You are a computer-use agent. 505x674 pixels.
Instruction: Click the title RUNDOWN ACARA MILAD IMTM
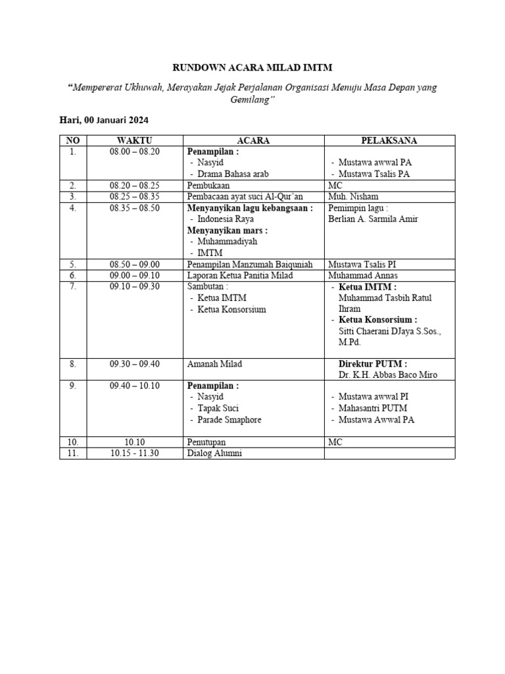(252, 67)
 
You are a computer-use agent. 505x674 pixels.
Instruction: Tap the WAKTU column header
(135, 141)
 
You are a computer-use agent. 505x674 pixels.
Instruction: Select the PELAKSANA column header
(389, 141)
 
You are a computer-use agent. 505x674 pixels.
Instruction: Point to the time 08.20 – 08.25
(135, 186)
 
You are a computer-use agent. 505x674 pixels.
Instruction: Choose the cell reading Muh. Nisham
(353, 197)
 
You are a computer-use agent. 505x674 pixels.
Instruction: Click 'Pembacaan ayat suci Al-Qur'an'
(245, 197)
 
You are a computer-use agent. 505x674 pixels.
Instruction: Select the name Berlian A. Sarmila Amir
(373, 219)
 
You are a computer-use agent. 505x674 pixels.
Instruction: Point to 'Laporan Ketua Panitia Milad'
(241, 275)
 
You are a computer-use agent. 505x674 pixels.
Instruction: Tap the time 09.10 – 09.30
(135, 286)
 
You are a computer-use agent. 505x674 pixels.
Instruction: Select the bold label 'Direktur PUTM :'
(372, 363)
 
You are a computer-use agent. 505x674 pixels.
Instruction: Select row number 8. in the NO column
(72, 363)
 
